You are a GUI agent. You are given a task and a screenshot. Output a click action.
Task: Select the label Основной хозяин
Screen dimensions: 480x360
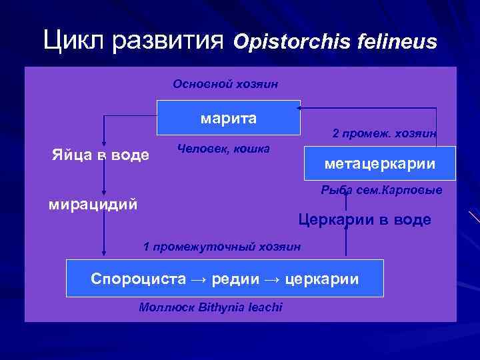[x=225, y=85]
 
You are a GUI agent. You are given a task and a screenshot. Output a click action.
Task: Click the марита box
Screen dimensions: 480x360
[x=229, y=118]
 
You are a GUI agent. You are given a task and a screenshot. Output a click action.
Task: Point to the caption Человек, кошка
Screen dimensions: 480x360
[x=223, y=149]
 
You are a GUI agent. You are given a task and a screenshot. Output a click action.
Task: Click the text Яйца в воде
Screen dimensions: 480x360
[x=101, y=155]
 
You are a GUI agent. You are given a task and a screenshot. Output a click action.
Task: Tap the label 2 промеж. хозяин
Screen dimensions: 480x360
[x=385, y=134]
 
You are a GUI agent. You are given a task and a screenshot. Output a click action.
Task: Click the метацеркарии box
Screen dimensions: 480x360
[x=379, y=163]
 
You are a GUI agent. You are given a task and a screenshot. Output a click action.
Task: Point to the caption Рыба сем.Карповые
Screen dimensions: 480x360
[x=381, y=191]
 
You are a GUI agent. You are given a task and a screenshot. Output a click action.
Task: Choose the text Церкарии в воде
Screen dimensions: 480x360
[x=364, y=220]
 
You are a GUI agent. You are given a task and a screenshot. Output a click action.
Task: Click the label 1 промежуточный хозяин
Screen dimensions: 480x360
[x=222, y=247]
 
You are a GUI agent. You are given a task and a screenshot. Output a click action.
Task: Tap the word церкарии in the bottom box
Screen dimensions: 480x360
[x=321, y=279]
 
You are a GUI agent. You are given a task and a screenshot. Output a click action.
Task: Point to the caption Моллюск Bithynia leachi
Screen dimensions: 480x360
[x=211, y=307]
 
